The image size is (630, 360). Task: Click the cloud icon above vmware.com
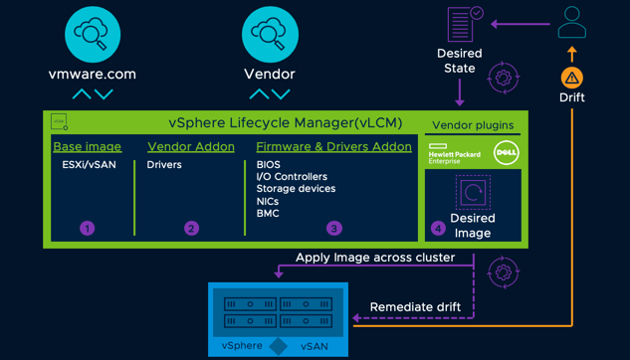click(x=93, y=34)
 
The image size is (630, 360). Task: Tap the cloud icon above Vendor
click(x=270, y=34)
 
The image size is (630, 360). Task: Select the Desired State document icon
click(x=462, y=24)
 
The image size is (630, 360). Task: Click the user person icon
click(x=572, y=22)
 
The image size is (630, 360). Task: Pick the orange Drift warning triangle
click(x=571, y=78)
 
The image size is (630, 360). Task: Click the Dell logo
click(x=506, y=153)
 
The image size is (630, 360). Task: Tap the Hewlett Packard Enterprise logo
click(x=453, y=154)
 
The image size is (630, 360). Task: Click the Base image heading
click(x=87, y=146)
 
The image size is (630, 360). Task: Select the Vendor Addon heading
click(x=191, y=146)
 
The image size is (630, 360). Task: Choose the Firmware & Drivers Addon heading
click(x=333, y=146)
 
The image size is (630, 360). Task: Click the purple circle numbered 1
click(x=87, y=228)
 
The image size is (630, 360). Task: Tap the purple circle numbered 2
click(x=191, y=228)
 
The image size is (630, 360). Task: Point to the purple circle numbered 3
click(x=333, y=228)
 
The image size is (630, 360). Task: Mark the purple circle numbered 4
click(x=438, y=228)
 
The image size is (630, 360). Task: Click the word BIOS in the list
click(x=268, y=165)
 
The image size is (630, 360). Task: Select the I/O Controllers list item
click(x=292, y=177)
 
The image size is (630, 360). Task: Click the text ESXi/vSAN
click(x=89, y=165)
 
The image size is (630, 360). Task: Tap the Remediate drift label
click(x=415, y=307)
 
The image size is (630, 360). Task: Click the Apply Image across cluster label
click(x=375, y=258)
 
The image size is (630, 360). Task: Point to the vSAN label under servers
click(x=314, y=346)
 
